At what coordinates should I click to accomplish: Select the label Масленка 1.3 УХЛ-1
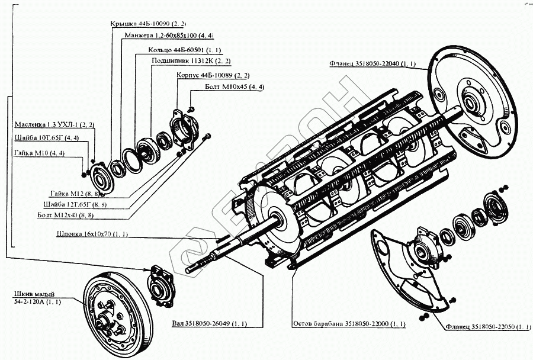(54, 125)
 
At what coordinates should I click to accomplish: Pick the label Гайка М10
(39, 154)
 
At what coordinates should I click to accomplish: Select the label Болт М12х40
(77, 216)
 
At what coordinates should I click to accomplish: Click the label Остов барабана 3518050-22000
(349, 325)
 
